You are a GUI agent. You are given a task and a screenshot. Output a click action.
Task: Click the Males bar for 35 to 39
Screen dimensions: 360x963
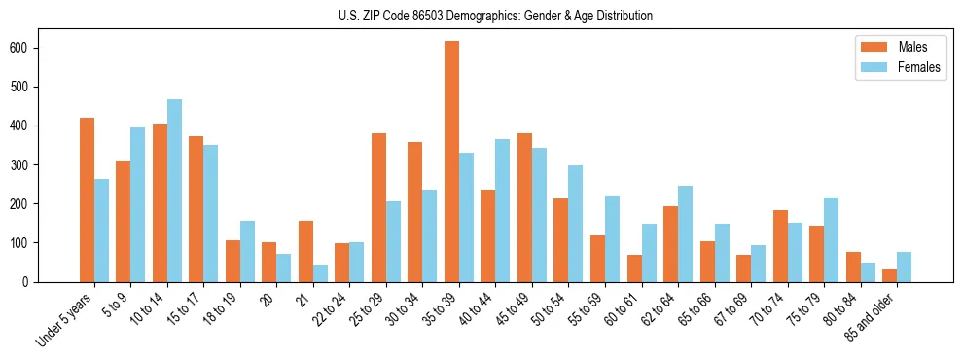[451, 162]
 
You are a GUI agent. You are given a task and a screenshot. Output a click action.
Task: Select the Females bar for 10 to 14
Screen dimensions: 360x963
[174, 191]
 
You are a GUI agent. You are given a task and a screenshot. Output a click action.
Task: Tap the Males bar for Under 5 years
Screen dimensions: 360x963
[87, 199]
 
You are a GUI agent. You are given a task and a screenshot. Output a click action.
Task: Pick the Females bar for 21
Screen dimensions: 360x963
[320, 273]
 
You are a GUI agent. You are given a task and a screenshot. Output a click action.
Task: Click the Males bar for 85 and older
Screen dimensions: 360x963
[889, 275]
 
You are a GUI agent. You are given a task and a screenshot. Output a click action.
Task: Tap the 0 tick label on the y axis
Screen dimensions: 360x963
[33, 281]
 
